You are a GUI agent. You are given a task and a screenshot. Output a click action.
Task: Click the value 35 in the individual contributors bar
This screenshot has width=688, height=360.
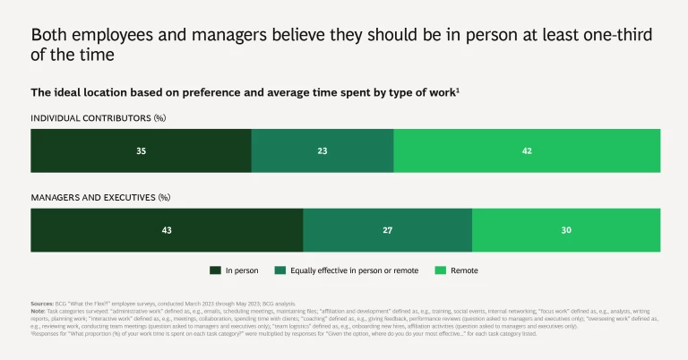[x=141, y=150]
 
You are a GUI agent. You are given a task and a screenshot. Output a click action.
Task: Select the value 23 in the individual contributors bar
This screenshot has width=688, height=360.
[x=322, y=150]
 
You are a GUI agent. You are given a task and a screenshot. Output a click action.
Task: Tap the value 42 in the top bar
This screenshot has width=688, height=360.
[x=527, y=150]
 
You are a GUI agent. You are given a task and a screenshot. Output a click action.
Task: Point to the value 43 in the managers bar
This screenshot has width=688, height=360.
[x=167, y=230]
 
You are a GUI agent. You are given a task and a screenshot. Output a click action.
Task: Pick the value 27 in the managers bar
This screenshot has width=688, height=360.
[x=388, y=230]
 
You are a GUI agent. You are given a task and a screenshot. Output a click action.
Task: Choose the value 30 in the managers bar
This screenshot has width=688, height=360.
[x=566, y=230]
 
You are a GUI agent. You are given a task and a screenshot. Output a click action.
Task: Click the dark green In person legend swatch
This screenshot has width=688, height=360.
[x=215, y=270]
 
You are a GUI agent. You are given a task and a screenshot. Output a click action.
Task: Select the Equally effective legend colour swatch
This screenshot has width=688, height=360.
[x=280, y=270]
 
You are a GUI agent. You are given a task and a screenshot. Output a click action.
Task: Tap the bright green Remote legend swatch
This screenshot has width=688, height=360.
[x=440, y=270]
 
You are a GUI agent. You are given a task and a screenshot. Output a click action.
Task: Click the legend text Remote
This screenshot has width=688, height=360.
[x=464, y=270]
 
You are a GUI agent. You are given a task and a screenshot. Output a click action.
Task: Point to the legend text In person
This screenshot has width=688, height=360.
[x=243, y=270]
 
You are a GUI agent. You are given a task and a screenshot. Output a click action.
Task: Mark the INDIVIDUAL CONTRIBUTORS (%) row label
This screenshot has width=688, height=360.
[x=99, y=117]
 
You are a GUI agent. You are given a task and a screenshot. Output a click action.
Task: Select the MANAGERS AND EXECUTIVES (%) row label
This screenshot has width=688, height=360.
[x=100, y=197]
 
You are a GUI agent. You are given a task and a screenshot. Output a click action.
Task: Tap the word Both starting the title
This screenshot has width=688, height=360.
[x=49, y=35]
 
